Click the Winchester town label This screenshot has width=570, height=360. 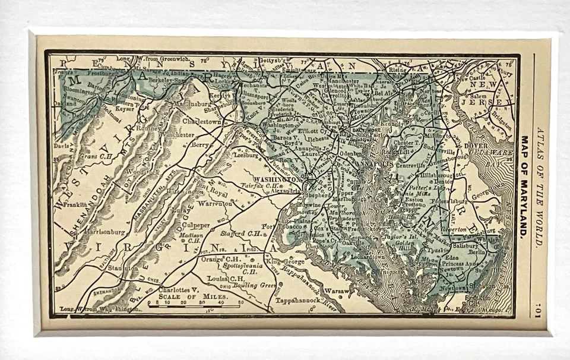tap(176, 135)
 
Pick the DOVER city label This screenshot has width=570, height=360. tap(475, 145)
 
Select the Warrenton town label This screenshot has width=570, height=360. tap(215, 204)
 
